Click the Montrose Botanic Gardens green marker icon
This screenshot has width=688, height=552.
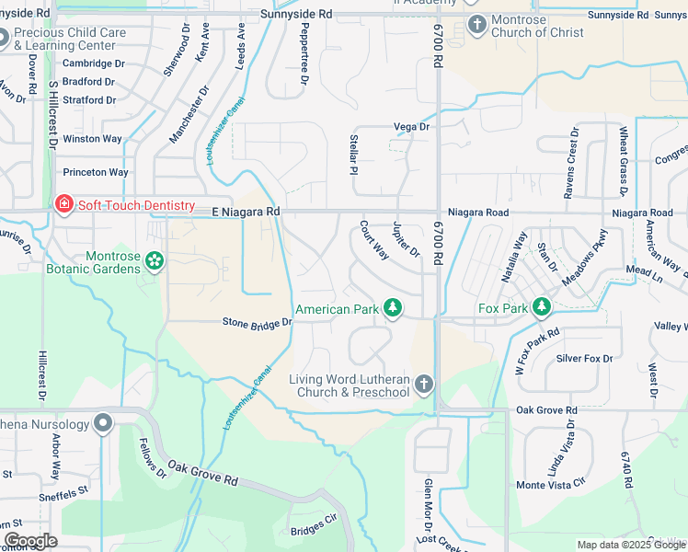pos(154,262)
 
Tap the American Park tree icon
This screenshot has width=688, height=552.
pos(393,308)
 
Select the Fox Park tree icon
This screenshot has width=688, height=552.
pos(543,306)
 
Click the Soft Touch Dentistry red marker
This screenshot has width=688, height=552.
pos(63,204)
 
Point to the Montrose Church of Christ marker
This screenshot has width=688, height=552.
pos(476,24)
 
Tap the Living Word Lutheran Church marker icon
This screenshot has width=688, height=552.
pos(423,385)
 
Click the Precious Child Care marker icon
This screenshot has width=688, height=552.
pos(3,38)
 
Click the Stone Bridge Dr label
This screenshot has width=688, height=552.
pos(258,323)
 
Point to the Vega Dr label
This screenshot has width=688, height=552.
pos(411,127)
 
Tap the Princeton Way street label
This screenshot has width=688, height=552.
pos(95,172)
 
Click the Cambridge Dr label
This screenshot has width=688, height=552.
pos(93,63)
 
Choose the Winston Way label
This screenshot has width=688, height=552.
pos(92,139)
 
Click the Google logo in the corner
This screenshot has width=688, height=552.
pos(30,541)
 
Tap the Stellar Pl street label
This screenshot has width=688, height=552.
pos(353,153)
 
